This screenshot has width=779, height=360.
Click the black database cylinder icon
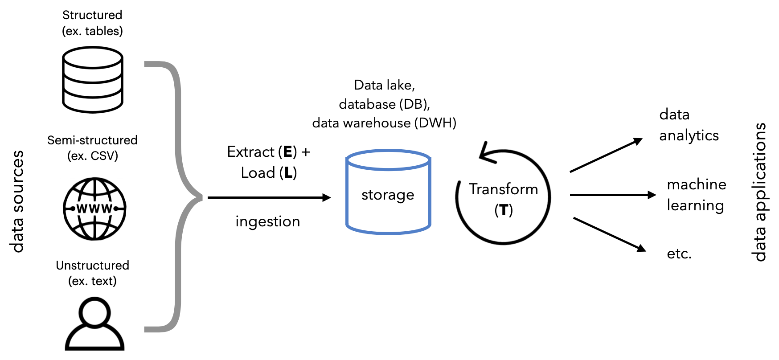(x=93, y=80)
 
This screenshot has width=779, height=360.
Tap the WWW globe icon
(x=94, y=209)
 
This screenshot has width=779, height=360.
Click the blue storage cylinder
(x=388, y=192)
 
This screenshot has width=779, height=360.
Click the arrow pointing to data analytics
(x=606, y=155)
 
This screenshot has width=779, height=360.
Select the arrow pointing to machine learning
(x=613, y=195)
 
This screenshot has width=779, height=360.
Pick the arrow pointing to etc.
(x=610, y=235)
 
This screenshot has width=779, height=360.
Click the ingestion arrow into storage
(x=270, y=197)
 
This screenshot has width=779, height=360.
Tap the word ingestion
(x=268, y=221)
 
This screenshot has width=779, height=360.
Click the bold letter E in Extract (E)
(x=287, y=152)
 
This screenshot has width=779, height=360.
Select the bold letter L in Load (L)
(x=288, y=173)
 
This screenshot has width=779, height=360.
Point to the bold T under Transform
(x=504, y=210)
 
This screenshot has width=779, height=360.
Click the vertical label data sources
(x=17, y=202)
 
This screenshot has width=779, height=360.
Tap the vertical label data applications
(x=758, y=192)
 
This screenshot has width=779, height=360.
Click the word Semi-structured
(x=92, y=140)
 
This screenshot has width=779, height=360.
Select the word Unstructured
(x=93, y=265)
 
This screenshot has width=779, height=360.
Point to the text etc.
(x=679, y=254)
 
